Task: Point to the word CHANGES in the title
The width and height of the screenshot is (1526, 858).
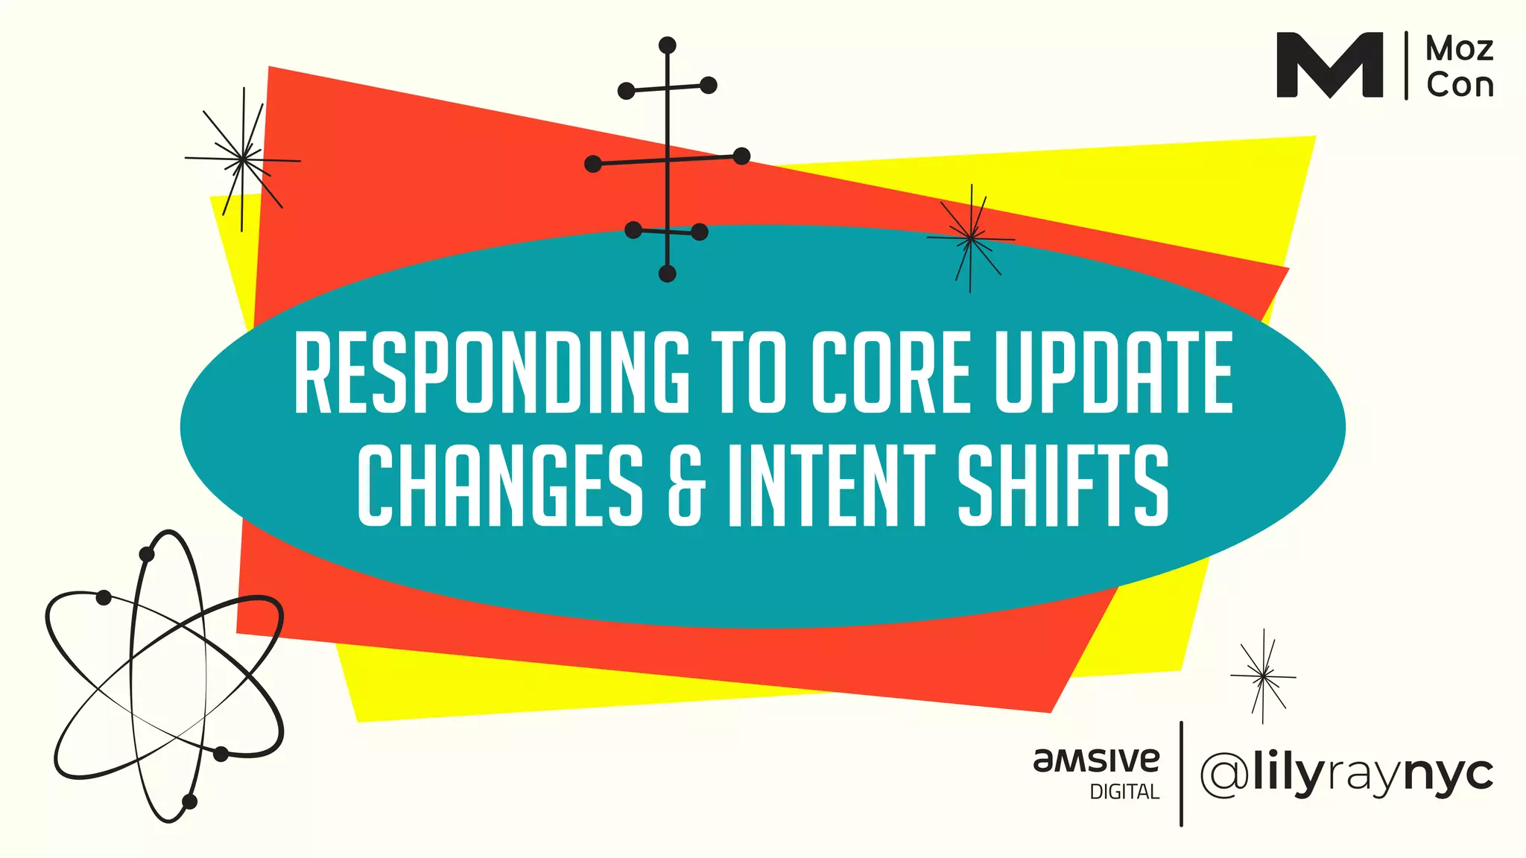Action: point(500,485)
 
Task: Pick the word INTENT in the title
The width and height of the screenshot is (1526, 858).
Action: point(832,485)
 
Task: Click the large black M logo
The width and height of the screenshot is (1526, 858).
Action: point(1329,65)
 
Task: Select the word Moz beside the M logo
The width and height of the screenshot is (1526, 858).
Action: point(1459,49)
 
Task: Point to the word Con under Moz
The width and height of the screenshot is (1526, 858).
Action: point(1460,85)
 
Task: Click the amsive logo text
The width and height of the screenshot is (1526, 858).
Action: point(1096,760)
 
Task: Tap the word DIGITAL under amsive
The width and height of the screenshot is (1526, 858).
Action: point(1124,792)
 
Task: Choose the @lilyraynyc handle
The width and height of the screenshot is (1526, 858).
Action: point(1346,775)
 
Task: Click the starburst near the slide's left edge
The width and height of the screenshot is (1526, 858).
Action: point(242,159)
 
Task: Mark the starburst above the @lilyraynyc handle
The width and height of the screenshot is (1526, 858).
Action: point(1263,676)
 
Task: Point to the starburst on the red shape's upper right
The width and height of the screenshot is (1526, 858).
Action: point(970,238)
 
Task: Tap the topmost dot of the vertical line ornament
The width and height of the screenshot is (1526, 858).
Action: point(668,45)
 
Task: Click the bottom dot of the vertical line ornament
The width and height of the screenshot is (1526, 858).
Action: point(668,274)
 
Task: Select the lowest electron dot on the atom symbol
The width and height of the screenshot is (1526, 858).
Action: point(189,801)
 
